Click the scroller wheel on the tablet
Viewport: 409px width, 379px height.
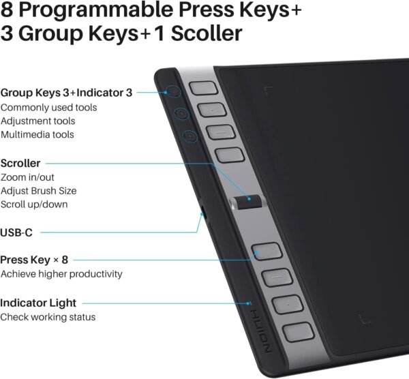248,202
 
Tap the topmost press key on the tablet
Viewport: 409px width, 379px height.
203,88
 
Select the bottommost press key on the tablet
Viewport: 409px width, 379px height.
298,332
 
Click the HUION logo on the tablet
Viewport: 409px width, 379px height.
262,331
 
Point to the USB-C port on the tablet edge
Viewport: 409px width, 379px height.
203,212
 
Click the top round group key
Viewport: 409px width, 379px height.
174,91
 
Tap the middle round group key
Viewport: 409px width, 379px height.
182,113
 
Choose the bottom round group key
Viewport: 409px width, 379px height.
190,136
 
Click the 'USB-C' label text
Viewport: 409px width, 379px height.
16,232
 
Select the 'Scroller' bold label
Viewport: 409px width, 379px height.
20,164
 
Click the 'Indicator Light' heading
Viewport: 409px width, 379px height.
38,303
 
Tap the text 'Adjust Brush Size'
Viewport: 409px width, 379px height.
39,191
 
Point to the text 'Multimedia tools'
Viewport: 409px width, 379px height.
37,134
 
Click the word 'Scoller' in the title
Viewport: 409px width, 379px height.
207,33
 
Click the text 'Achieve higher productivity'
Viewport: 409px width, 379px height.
61,274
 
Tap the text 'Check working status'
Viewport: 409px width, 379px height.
48,317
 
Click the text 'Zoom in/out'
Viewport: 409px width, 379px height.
27,177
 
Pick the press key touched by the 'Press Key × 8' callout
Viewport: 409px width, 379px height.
267,251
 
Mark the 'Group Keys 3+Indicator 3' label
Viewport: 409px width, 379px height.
67,93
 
